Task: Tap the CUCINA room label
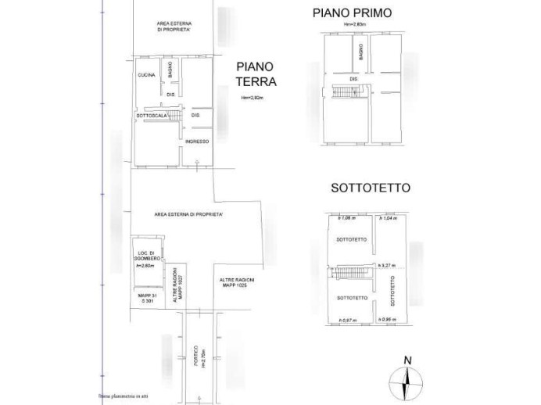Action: click(146, 75)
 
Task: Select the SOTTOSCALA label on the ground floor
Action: click(152, 116)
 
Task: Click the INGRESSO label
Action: click(196, 142)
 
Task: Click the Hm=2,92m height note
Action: click(252, 98)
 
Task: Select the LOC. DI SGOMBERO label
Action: click(149, 256)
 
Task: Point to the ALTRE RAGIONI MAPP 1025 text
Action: click(237, 282)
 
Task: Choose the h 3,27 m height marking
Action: click(389, 266)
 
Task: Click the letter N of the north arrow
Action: click(406, 360)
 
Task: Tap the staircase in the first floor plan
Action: click(344, 93)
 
